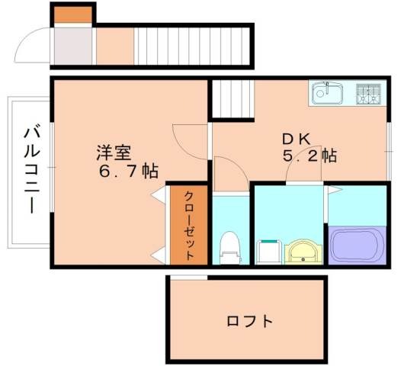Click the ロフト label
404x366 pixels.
click(x=249, y=321)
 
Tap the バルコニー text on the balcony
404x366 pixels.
click(x=31, y=169)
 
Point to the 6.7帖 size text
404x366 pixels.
click(x=127, y=171)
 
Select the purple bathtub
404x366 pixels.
click(x=358, y=244)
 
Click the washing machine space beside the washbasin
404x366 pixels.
click(x=268, y=251)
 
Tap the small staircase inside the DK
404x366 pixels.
click(x=226, y=98)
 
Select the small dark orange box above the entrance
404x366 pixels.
click(x=73, y=14)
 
